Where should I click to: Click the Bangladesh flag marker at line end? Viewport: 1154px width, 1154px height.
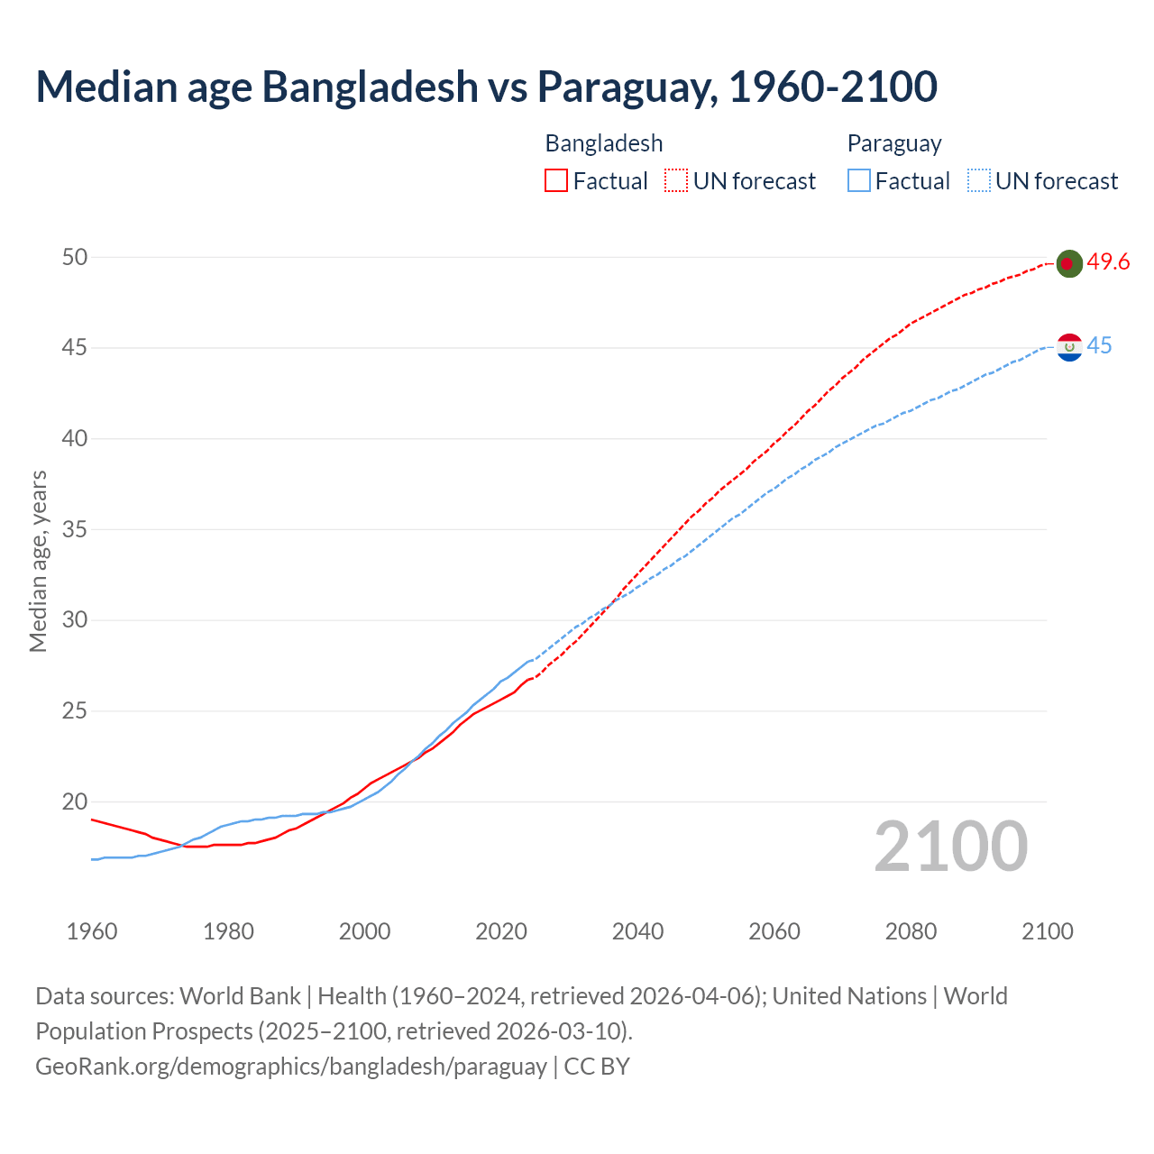tap(1068, 263)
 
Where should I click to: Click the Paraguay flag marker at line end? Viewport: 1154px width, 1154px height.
tap(1069, 347)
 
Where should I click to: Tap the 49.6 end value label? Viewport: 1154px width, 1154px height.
tap(1108, 262)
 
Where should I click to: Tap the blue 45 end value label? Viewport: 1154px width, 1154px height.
tap(1099, 346)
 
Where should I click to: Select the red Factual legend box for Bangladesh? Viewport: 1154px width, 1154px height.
tap(556, 181)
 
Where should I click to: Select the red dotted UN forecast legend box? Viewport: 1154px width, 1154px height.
tap(676, 181)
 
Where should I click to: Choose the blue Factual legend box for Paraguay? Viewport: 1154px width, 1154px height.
tap(859, 181)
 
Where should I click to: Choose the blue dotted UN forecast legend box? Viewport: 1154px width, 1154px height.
tap(978, 181)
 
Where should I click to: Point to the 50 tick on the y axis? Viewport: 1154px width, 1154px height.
tap(75, 258)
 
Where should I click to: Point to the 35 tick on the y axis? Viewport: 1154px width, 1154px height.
tap(75, 530)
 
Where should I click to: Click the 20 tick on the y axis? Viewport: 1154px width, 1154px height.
tap(75, 802)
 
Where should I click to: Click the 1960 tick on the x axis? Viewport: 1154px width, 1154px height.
tap(92, 931)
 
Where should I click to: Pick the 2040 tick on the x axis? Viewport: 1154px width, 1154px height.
tap(637, 931)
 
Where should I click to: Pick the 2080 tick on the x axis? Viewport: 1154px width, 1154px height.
tap(911, 931)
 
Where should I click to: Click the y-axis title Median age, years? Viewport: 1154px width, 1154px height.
tap(38, 561)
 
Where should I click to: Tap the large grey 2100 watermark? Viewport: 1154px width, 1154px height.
tap(950, 847)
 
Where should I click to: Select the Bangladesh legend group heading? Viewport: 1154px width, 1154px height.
tap(604, 143)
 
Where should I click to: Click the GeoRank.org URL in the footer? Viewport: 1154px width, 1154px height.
tap(290, 1067)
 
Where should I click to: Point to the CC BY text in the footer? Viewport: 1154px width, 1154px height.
tap(597, 1067)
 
